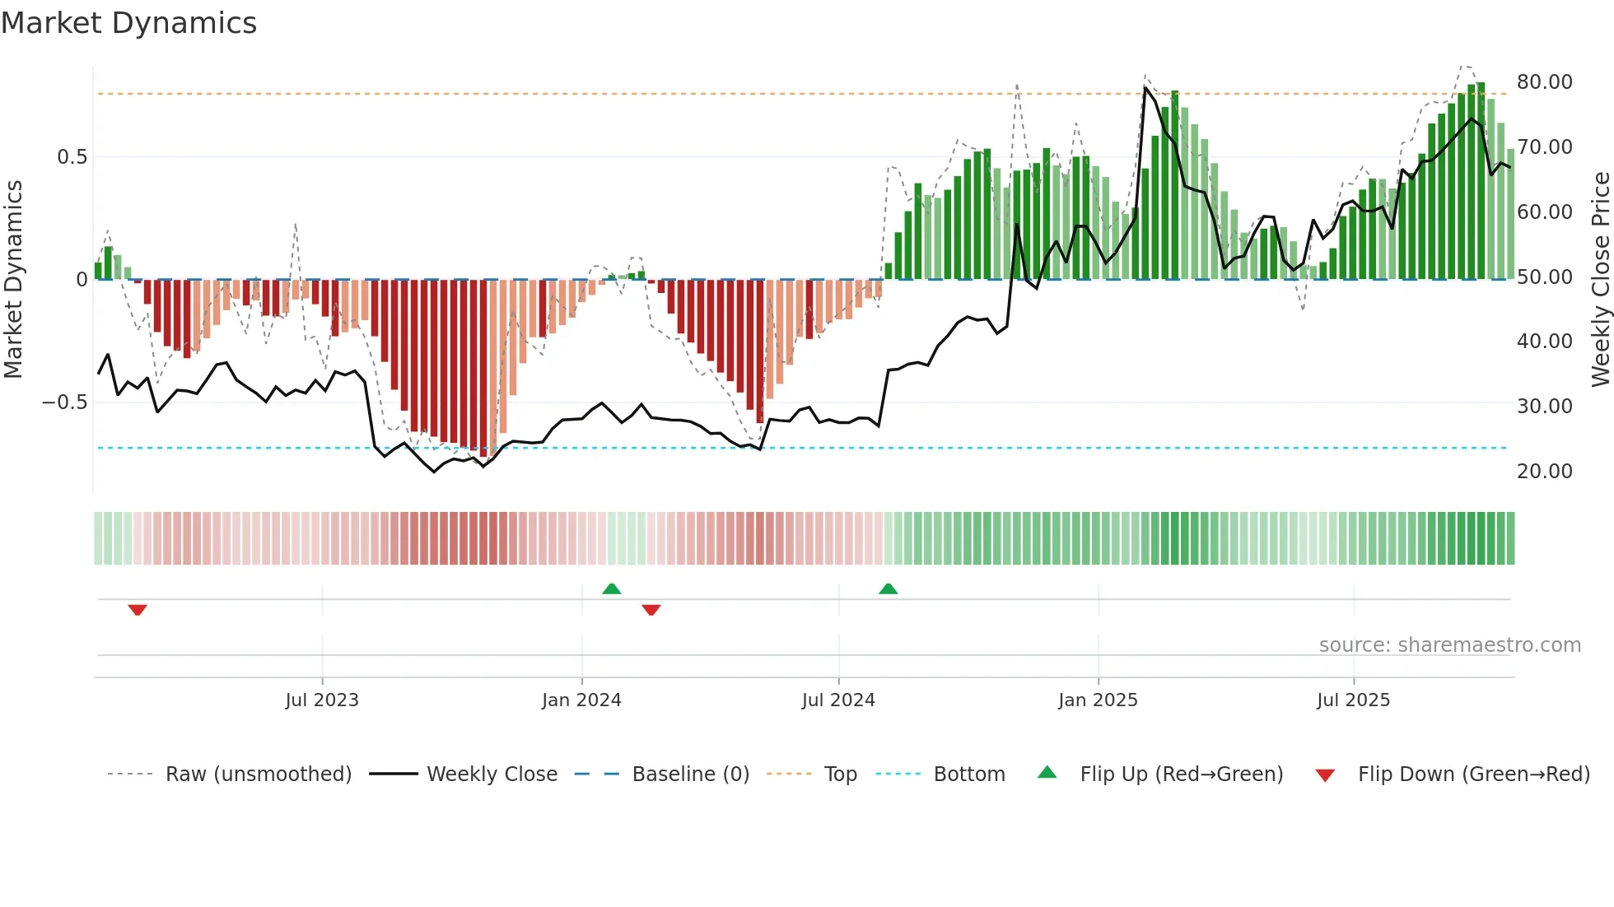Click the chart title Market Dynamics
[x=128, y=23]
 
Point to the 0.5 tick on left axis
[x=72, y=157]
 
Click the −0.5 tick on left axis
[x=64, y=402]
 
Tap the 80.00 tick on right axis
[x=1544, y=82]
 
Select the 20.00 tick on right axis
[x=1544, y=472]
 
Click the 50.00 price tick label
[x=1544, y=277]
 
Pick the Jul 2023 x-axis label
[x=322, y=700]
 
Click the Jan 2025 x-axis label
[x=1098, y=700]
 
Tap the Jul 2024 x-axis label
[x=838, y=700]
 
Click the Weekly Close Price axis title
[x=1600, y=280]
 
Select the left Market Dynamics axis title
[x=13, y=280]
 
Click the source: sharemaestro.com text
[x=1449, y=645]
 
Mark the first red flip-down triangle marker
[x=138, y=610]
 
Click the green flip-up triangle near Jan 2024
[x=612, y=589]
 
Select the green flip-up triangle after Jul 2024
[x=888, y=589]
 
